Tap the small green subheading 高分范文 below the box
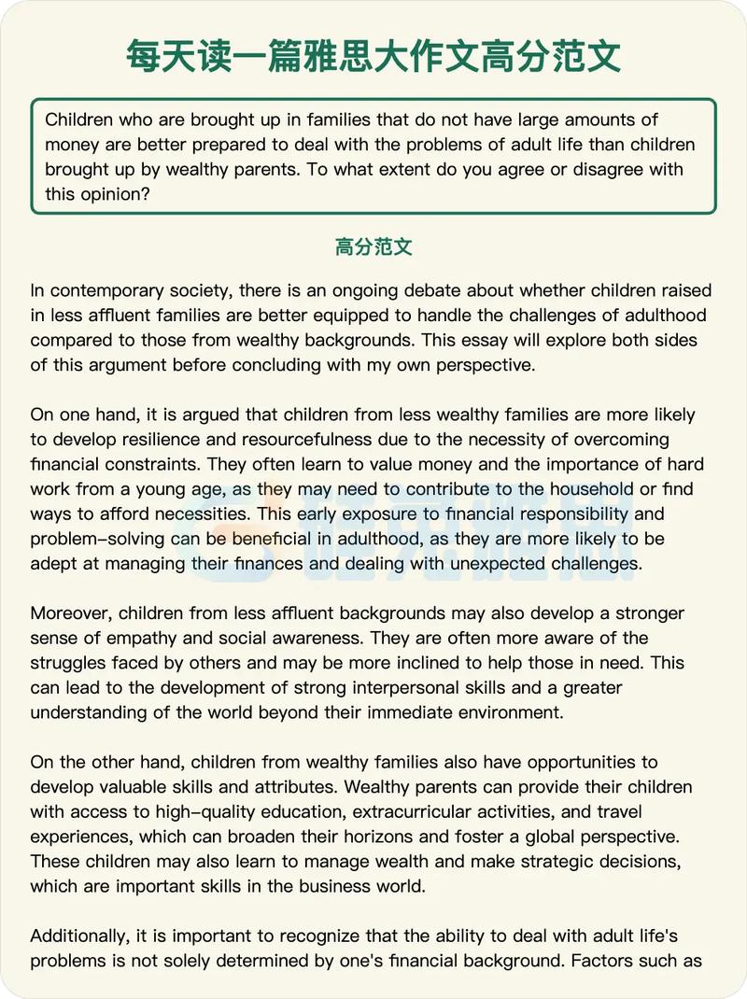pos(373,247)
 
